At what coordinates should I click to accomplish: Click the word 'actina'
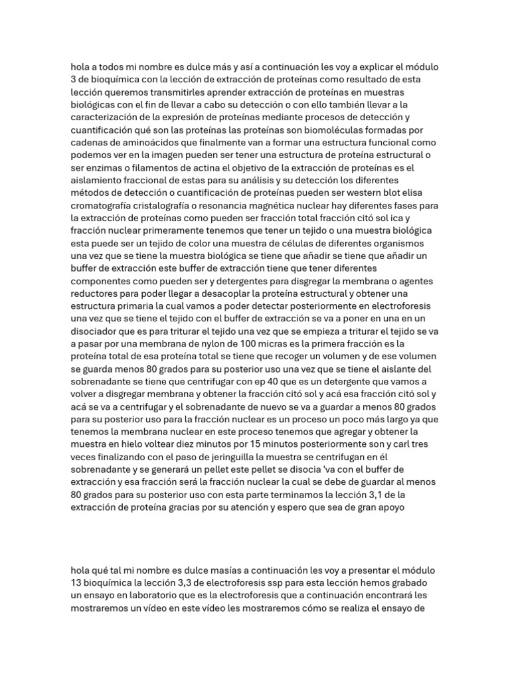coord(203,167)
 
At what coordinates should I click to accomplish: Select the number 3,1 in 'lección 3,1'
coord(394,495)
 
